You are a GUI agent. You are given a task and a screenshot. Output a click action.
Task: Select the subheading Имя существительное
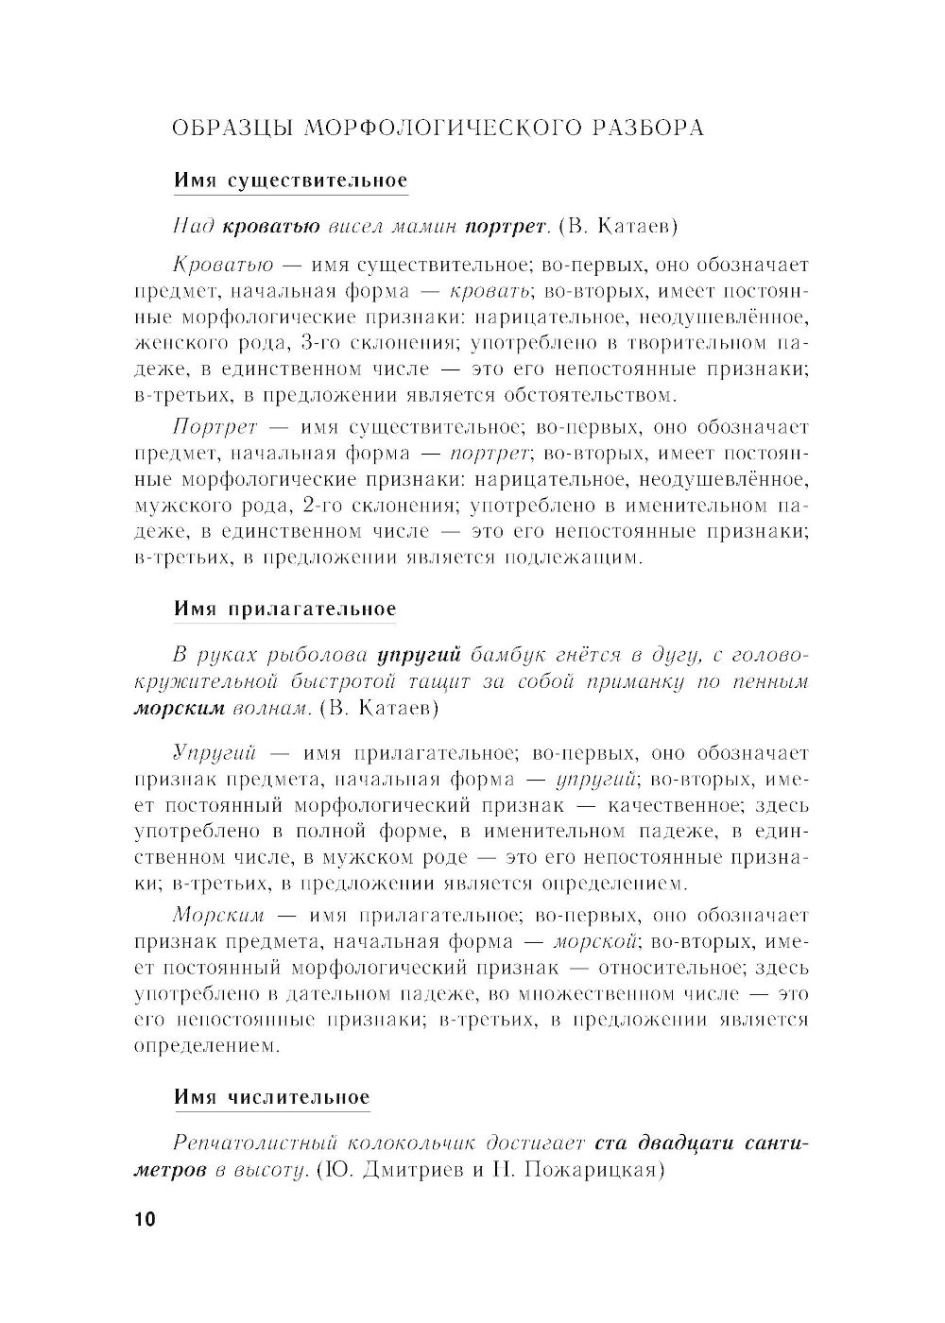point(290,180)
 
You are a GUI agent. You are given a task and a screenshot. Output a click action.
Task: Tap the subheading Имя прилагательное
point(284,610)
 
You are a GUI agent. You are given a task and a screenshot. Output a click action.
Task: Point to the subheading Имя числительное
point(272,1097)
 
